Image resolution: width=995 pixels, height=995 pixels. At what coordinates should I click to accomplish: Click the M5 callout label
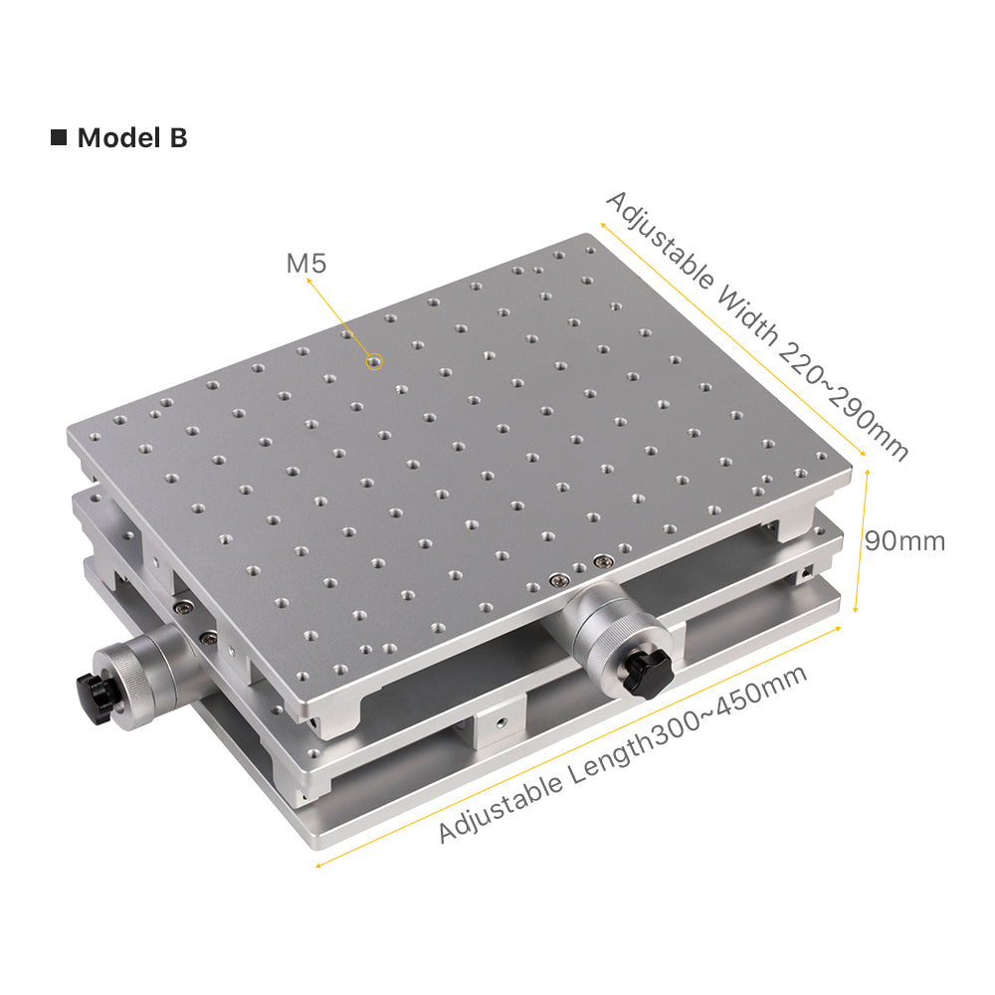(305, 263)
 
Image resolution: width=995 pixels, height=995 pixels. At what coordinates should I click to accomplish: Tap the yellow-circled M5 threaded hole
(374, 362)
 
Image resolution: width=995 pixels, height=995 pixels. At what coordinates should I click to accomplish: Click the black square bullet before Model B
(59, 137)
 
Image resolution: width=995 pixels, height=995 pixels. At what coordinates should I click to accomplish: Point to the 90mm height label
(904, 541)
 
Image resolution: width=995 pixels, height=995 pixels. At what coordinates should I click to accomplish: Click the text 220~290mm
(844, 400)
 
